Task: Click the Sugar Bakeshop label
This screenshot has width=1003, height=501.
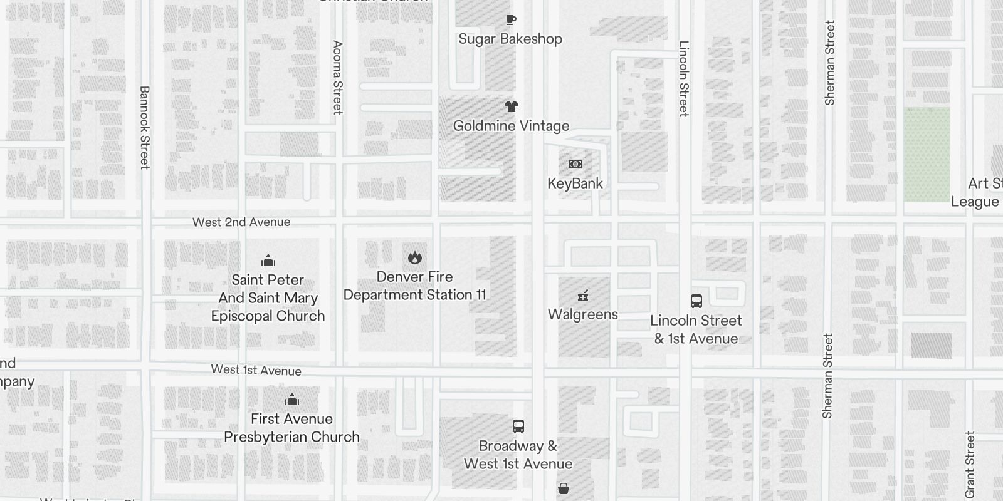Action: [x=510, y=39]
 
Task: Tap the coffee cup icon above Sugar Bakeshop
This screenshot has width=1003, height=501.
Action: [x=511, y=20]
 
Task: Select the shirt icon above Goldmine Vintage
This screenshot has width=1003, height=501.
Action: [x=512, y=106]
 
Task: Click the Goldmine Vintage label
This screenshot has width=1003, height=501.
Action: [x=511, y=126]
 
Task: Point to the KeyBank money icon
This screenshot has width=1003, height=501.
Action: [x=575, y=164]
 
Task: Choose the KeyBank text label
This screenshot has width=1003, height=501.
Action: [x=575, y=183]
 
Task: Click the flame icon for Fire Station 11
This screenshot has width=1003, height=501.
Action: [x=414, y=257]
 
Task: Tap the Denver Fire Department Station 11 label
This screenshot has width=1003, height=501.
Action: [x=414, y=286]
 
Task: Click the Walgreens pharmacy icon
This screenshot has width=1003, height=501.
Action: [x=583, y=296]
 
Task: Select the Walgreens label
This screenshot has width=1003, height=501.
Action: [x=583, y=314]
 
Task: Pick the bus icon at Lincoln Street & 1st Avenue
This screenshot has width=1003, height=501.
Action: [x=696, y=301]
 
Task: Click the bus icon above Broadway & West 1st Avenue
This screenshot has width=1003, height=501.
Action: [x=518, y=426]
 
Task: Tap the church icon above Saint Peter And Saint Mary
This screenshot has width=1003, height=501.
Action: [x=268, y=261]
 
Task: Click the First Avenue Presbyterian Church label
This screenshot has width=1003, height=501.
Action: [x=291, y=428]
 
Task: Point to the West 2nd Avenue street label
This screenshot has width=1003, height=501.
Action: [x=241, y=222]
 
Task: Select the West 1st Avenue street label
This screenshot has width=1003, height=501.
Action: [x=256, y=370]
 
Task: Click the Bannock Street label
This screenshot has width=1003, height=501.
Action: [x=144, y=128]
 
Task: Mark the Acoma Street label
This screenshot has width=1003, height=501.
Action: [x=337, y=78]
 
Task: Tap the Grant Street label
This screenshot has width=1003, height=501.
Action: [x=970, y=465]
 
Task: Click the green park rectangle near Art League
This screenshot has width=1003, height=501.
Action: [x=927, y=154]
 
